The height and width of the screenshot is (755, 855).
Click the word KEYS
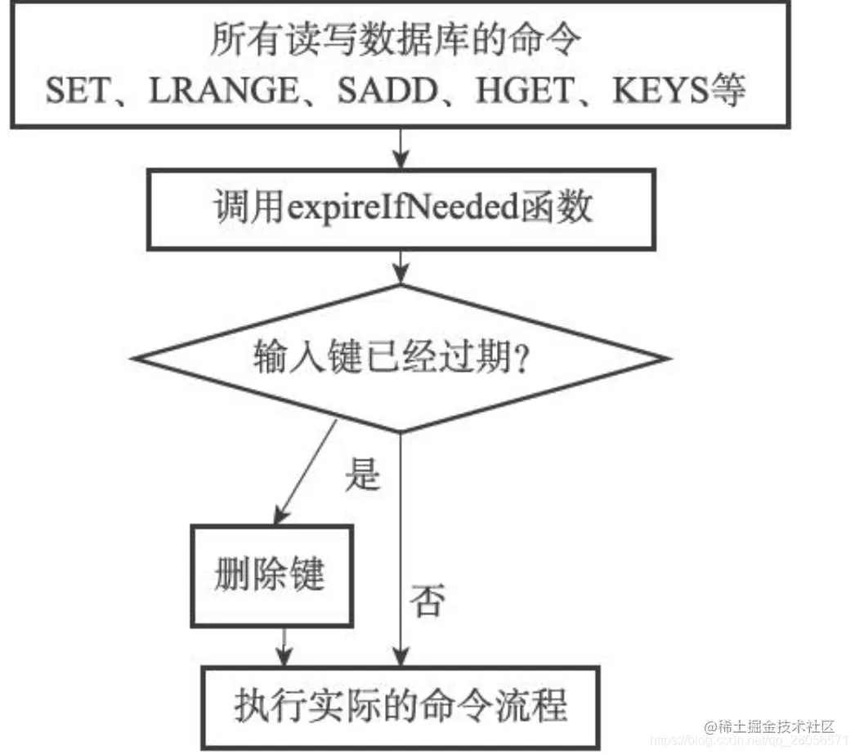659,91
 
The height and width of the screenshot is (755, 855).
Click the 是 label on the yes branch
362,474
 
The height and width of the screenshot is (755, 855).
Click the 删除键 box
271,574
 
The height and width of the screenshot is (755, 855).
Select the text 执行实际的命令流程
401,704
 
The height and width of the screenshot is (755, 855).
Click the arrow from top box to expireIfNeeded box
401,149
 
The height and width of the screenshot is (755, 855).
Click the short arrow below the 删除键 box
282,646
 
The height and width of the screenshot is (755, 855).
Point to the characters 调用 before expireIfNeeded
236,209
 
